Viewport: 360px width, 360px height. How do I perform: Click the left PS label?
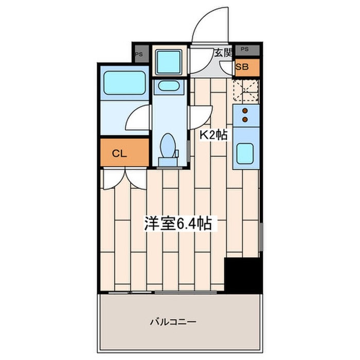click(x=139, y=53)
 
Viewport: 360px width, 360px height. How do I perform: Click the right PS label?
click(x=244, y=50)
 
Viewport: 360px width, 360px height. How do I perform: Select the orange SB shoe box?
click(x=242, y=66)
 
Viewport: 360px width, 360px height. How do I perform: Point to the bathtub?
click(x=124, y=82)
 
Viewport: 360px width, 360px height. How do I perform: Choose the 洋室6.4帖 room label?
click(x=178, y=224)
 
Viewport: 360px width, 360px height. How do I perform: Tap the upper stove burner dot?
click(x=245, y=111)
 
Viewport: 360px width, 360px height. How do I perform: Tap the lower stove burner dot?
click(x=245, y=119)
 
